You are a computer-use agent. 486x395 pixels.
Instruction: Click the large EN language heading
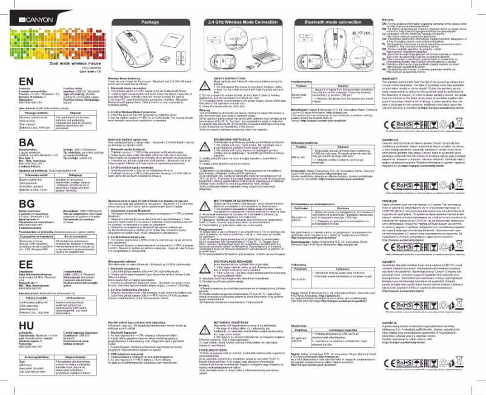pyautogui.click(x=13, y=66)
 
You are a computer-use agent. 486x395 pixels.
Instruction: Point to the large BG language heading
pyautogui.click(x=13, y=207)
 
